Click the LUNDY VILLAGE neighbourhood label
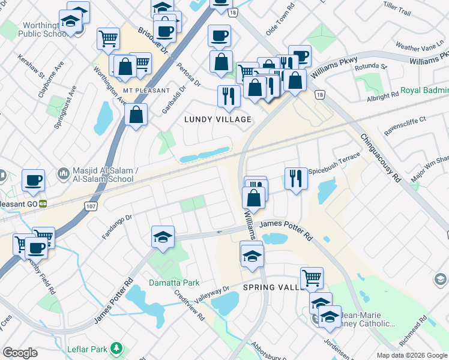217,119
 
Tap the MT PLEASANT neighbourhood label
143,91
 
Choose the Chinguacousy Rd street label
381,158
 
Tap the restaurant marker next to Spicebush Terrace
296,179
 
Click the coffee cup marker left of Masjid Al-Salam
33,180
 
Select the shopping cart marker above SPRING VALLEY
312,278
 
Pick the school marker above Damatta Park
163,237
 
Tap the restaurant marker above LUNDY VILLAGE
229,96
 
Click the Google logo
20,353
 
